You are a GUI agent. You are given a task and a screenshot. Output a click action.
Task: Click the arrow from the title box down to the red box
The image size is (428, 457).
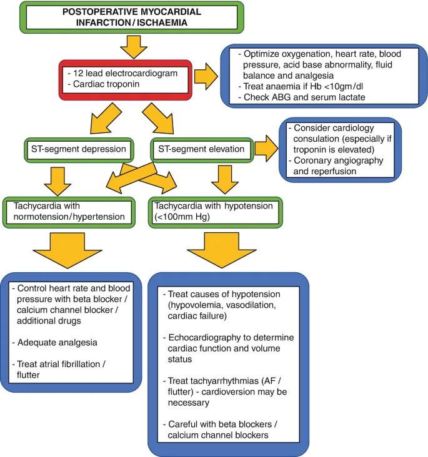pos(132,46)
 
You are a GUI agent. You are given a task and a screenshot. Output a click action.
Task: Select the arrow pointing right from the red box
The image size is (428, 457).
pos(207,77)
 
